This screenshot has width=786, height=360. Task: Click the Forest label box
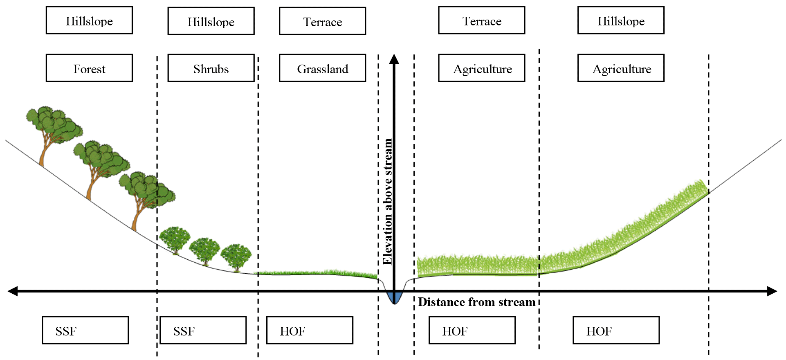click(x=89, y=68)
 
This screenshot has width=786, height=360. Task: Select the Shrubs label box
click(x=211, y=68)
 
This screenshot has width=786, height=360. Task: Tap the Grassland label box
click(x=322, y=68)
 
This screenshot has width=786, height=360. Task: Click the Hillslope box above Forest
click(x=89, y=20)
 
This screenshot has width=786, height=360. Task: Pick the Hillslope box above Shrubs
click(x=211, y=21)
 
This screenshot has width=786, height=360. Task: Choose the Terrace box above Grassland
click(x=322, y=21)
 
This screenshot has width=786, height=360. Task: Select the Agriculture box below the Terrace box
click(x=482, y=68)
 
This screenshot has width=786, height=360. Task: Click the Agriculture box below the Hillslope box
click(x=621, y=68)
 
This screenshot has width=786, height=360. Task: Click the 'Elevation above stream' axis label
click(x=387, y=201)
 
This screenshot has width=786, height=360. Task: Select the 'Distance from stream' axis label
click(x=476, y=302)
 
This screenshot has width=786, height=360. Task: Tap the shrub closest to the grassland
click(x=236, y=257)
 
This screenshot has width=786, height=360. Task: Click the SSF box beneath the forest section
click(x=85, y=330)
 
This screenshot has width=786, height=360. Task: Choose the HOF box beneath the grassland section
click(x=310, y=330)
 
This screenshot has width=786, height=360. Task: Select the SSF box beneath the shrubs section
click(x=203, y=330)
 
